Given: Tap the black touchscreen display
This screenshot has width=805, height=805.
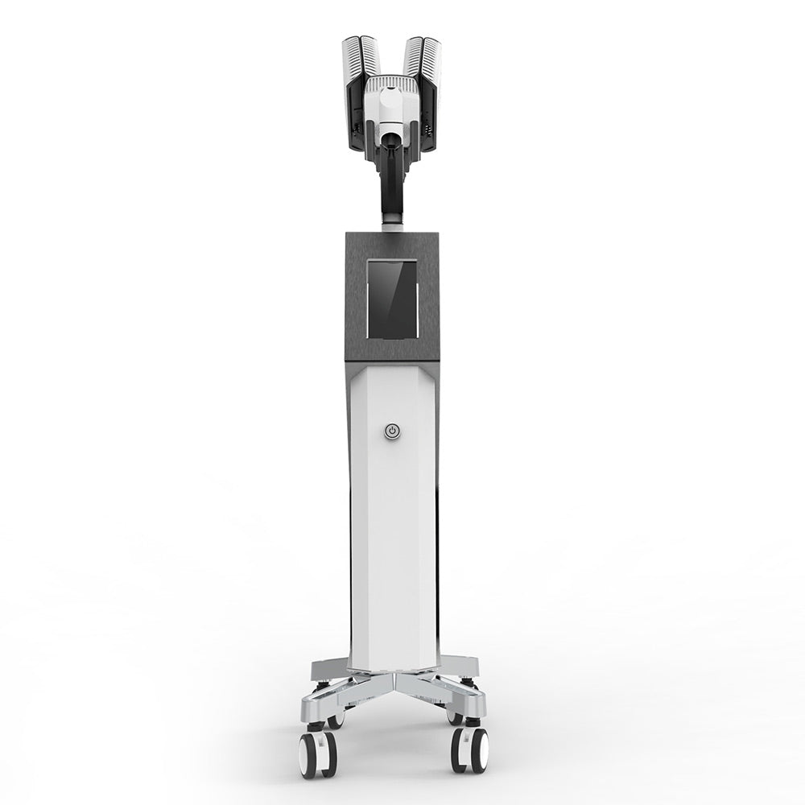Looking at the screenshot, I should [x=392, y=299].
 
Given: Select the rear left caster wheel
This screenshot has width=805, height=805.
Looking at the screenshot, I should [x=336, y=719].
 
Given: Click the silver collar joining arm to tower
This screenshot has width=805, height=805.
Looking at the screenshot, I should [x=392, y=228].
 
